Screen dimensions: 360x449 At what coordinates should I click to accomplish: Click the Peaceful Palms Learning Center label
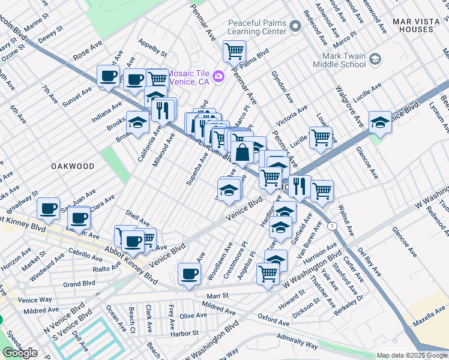point(256,27)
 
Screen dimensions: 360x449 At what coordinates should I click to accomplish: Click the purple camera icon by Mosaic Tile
point(218,76)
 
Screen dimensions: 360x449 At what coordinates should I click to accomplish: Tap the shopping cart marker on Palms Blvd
point(234,50)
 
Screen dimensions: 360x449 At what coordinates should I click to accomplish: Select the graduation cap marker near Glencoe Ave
point(379,122)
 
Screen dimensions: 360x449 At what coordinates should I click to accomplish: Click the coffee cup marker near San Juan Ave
point(48,209)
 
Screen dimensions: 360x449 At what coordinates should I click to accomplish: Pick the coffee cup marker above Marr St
point(190,274)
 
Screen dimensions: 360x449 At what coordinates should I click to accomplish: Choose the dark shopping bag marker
point(243,153)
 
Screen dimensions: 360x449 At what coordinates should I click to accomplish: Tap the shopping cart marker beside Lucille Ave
point(321,137)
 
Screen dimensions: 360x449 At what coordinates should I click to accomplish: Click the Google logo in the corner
point(20,353)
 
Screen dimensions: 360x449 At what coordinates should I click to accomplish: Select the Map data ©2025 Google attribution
point(411,355)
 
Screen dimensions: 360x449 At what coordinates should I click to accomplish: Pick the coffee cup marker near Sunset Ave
point(108,76)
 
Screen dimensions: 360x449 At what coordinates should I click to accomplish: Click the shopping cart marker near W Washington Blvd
point(268,274)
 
